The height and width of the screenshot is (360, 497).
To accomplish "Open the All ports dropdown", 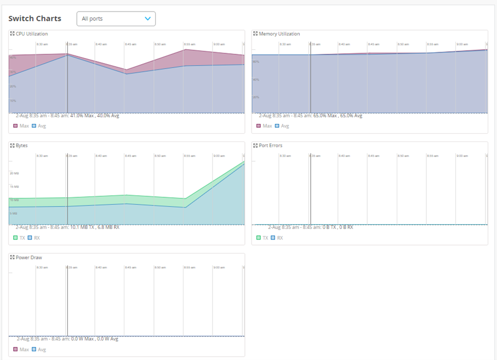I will pyautogui.click(x=116, y=19).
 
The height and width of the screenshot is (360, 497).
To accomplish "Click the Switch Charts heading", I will pyautogui.click(x=35, y=19).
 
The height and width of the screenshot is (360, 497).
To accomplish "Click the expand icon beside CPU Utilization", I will pyautogui.click(x=13, y=34).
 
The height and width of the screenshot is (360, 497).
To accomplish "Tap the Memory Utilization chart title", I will pyautogui.click(x=279, y=34).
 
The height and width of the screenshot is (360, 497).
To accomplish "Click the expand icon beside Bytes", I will pyautogui.click(x=13, y=146).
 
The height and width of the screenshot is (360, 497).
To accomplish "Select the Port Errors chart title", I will pyautogui.click(x=271, y=146).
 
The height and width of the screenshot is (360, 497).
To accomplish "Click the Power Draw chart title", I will pyautogui.click(x=29, y=258).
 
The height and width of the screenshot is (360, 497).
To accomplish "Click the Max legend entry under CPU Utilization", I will pyautogui.click(x=21, y=126).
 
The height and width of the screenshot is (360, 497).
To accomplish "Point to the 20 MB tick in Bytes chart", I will pyautogui.click(x=14, y=173).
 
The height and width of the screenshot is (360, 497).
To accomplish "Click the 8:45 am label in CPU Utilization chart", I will pyautogui.click(x=130, y=44).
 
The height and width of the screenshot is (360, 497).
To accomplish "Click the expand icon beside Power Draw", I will pyautogui.click(x=13, y=258).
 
